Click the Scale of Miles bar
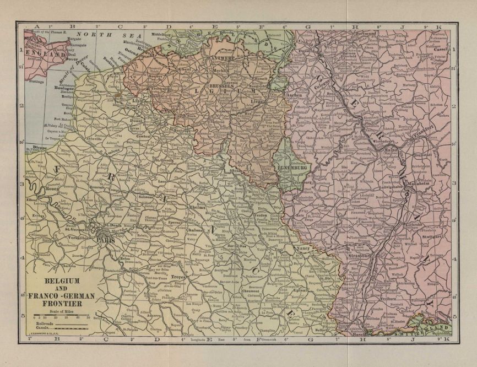(61, 317)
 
